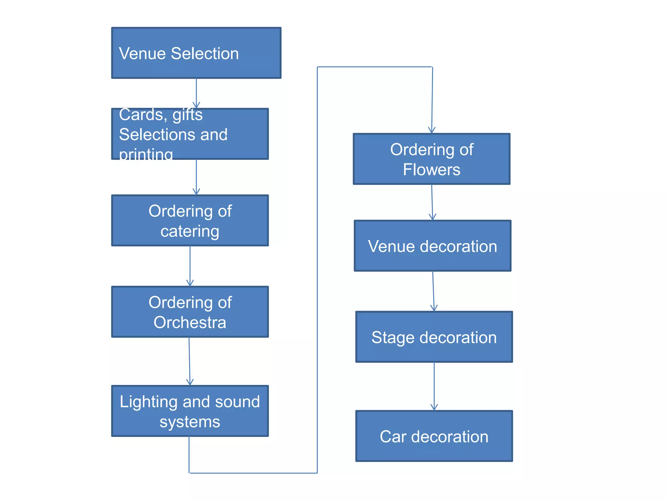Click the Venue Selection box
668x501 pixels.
[196, 53]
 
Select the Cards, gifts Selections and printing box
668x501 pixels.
[190, 134]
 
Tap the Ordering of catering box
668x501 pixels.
[190, 220]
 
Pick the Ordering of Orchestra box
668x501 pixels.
[190, 312]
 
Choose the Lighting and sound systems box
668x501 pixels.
[190, 411]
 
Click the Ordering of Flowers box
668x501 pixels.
[432, 159]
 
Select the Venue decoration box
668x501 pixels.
[433, 246]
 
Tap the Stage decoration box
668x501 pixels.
[434, 337]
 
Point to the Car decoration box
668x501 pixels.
[434, 436]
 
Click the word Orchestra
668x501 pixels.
[190, 323]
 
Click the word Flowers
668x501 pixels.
[432, 170]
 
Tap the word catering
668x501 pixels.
[190, 231]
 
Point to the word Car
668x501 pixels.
[393, 436]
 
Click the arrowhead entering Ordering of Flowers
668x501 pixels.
[432, 130]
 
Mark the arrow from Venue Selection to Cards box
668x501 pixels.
[196, 93]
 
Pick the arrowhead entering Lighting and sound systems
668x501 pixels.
[190, 382]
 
